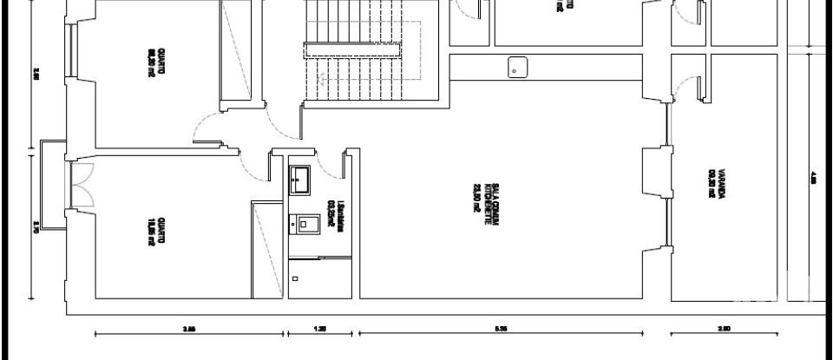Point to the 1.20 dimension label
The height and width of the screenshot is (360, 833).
[x=320, y=329]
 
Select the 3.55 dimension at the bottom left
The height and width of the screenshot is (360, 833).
[x=189, y=329]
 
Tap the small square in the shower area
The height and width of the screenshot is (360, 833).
[x=296, y=279]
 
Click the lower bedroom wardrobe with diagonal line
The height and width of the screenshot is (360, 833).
[x=268, y=247]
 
